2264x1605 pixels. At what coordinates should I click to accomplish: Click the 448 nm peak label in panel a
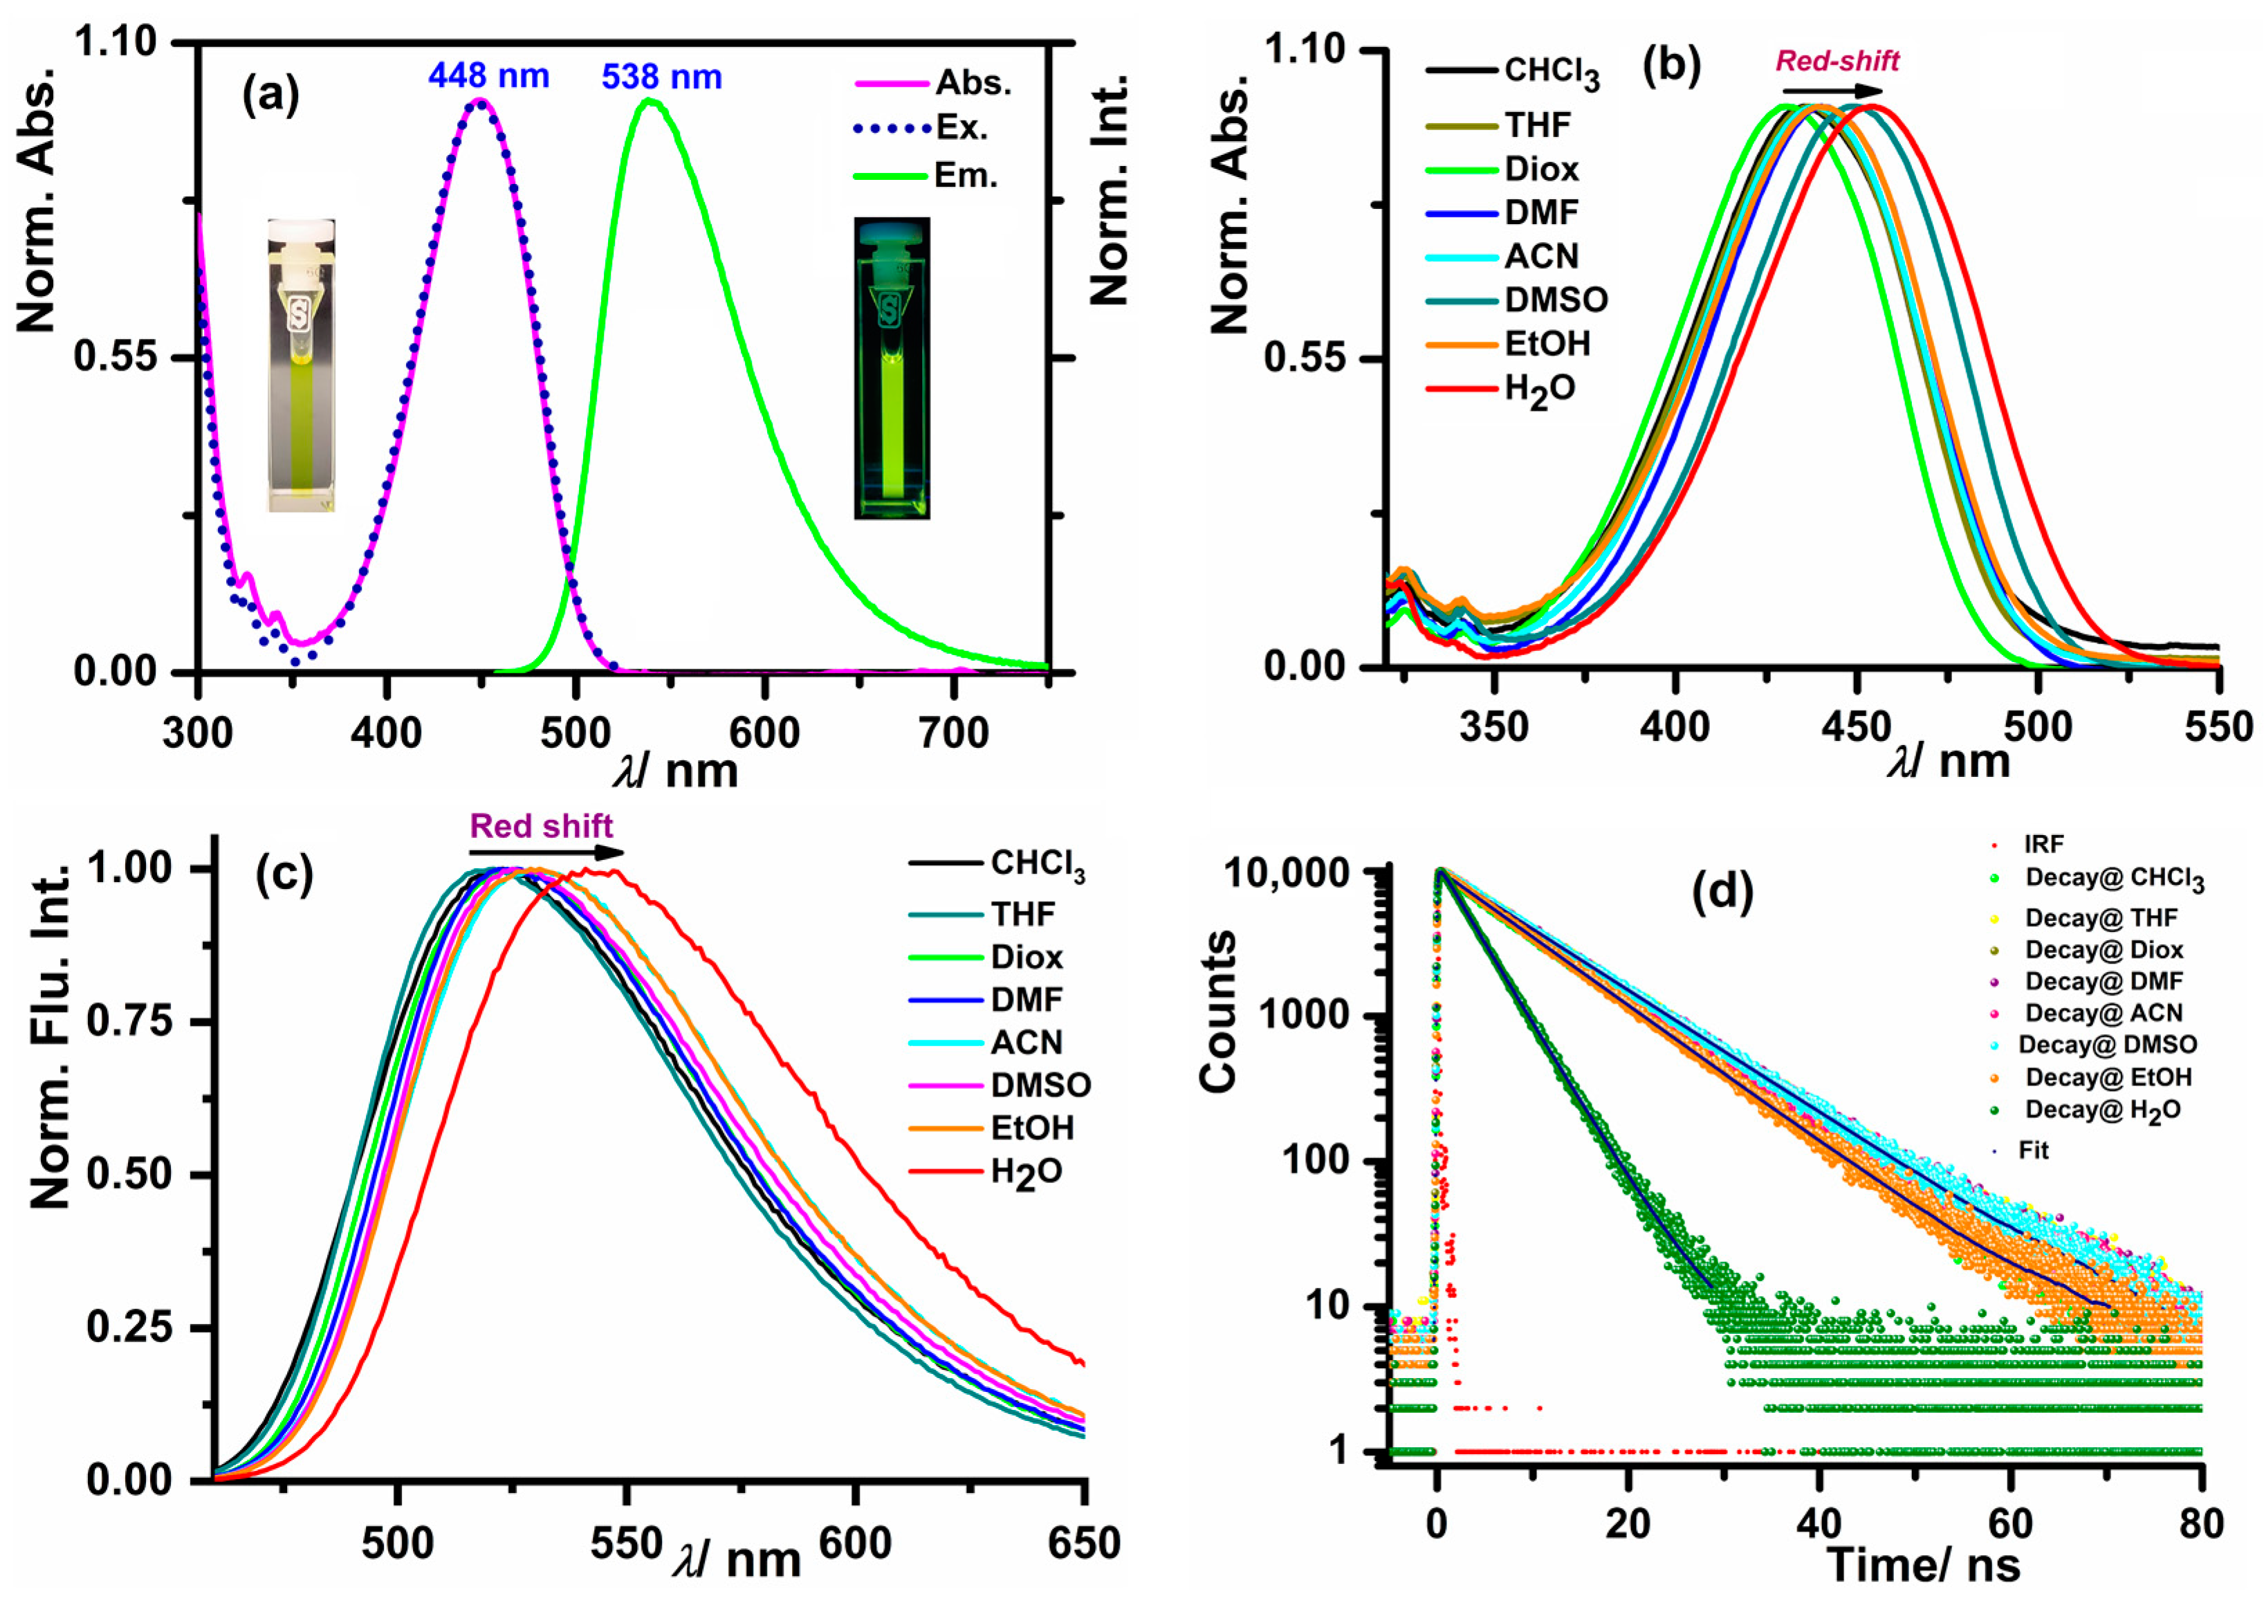tap(488, 76)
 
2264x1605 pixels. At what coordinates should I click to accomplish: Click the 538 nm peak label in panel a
tap(661, 77)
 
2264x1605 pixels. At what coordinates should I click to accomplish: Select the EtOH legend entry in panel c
tap(1031, 1128)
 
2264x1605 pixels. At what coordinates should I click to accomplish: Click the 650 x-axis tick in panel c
tap(1084, 1543)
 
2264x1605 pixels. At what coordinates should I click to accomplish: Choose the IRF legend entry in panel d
tap(2043, 844)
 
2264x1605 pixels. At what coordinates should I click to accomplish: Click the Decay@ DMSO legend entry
tap(2107, 1045)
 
